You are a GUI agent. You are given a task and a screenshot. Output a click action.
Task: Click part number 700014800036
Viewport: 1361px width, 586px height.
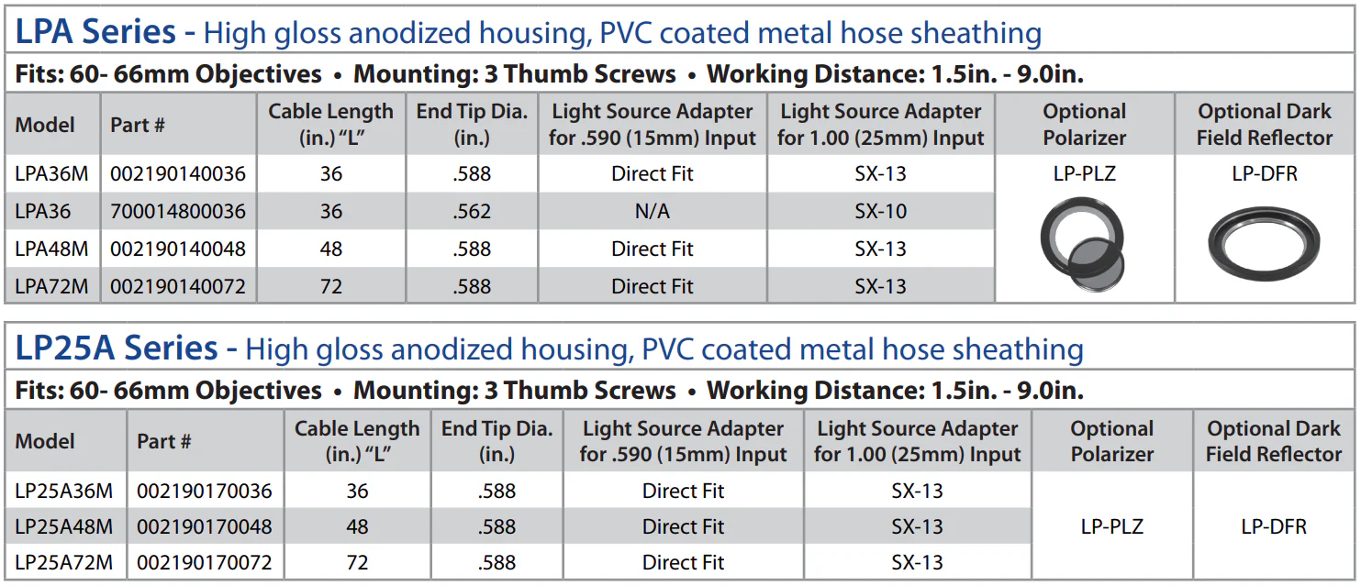[178, 212]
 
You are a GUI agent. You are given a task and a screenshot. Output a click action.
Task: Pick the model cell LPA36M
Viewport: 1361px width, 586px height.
[52, 174]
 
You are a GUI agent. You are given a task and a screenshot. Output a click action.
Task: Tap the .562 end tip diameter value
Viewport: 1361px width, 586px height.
[472, 212]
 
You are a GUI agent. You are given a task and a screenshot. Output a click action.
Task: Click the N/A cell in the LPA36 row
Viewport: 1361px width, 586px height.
[653, 212]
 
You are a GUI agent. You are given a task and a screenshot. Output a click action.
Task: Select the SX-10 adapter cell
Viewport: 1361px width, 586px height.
[880, 212]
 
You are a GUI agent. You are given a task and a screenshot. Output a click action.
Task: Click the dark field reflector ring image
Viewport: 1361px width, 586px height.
[1264, 242]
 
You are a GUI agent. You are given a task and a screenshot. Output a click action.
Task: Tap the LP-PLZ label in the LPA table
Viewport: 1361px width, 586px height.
[1085, 174]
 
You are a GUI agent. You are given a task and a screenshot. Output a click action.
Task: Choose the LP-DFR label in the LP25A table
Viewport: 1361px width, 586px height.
[1273, 526]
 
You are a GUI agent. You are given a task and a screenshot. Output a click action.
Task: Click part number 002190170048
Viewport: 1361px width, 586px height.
[205, 526]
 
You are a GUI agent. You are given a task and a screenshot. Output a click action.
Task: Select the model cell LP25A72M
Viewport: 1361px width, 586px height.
[64, 562]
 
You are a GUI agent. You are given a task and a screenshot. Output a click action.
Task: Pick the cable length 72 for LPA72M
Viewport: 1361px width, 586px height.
[330, 286]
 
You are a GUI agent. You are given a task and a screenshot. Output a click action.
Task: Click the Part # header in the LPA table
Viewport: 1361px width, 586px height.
[138, 125]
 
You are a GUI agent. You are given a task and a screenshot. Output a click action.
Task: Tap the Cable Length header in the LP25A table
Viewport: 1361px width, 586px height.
[357, 441]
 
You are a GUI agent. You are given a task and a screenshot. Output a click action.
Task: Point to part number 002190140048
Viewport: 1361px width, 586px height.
[178, 249]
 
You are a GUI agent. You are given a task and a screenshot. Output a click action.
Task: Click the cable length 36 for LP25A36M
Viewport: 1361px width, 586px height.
[357, 492]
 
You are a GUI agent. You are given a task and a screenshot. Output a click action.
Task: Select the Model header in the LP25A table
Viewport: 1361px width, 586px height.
[46, 441]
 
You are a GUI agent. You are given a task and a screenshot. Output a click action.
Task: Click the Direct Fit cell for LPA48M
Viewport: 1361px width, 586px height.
[653, 249]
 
